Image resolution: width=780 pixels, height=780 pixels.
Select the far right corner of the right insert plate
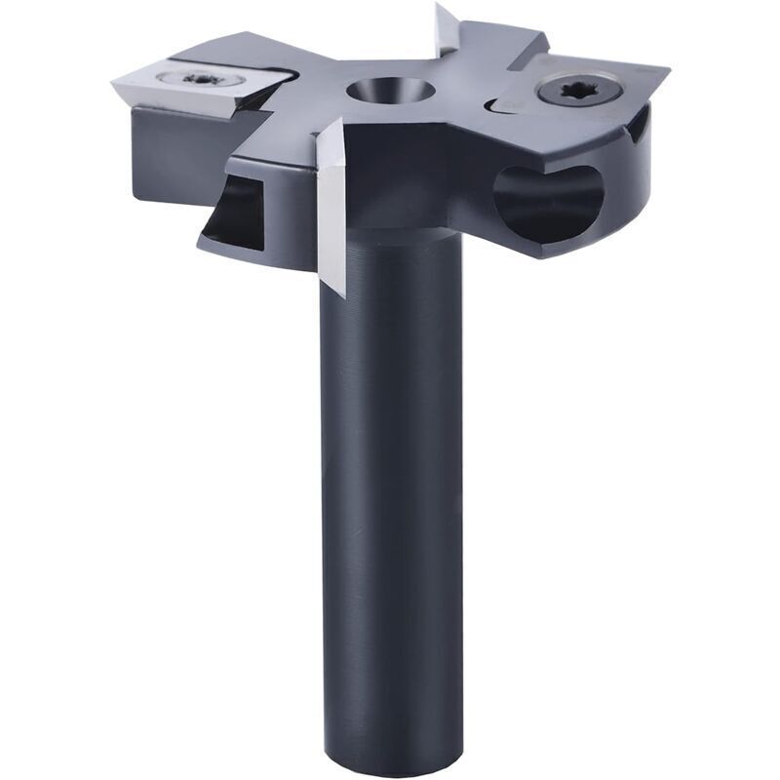click(667, 70)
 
